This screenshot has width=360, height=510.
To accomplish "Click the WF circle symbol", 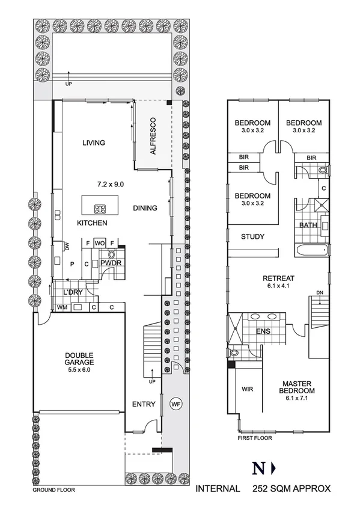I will pos(175,404).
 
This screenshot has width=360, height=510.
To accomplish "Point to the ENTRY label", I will pos(144,404).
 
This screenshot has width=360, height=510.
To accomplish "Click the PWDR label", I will pos(109,263).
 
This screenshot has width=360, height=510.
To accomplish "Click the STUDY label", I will pos(252,236).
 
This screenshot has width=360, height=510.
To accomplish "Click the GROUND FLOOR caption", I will pos(53,490).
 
